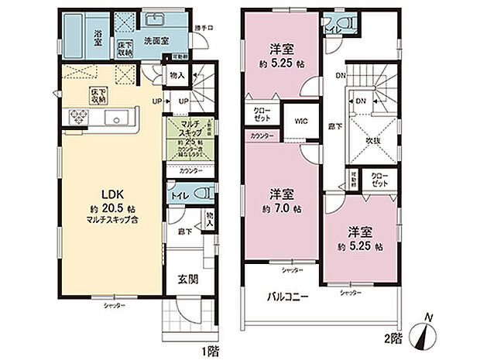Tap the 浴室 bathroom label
click(99, 36)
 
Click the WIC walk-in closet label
click(300, 120)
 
